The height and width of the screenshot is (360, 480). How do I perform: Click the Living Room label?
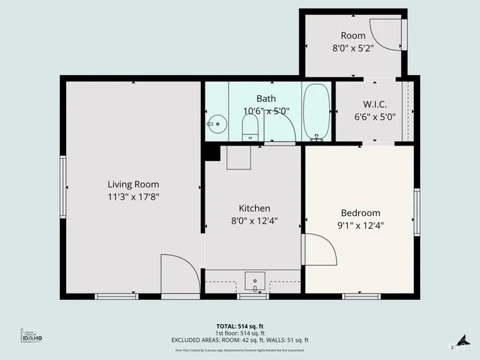pos(133,184)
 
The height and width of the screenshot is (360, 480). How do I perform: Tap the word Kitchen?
pos(254,208)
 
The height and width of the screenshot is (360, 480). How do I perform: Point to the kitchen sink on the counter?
pos(255,282)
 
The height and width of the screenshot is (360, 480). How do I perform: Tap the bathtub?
pos(316,112)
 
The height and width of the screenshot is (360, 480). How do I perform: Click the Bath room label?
pos(265,98)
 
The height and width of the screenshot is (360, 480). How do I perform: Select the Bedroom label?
pos(360,212)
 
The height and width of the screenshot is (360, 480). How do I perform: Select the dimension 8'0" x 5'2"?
pos(352,48)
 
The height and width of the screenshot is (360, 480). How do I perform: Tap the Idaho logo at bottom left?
pos(31,338)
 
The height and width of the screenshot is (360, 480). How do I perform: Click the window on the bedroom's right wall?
pos(416,212)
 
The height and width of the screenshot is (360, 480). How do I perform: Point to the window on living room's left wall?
pos(63,184)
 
